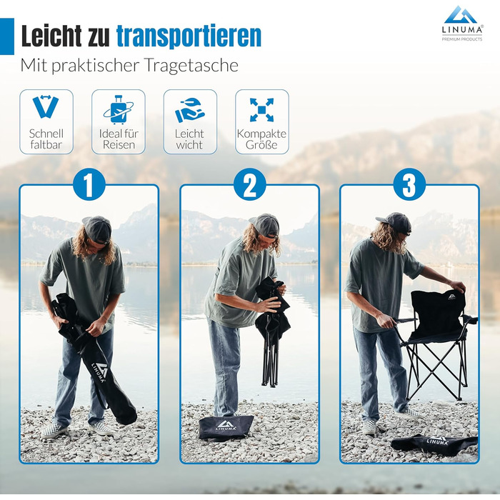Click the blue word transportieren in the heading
click(x=189, y=36)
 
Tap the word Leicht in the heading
click(x=51, y=36)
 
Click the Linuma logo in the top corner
click(x=462, y=24)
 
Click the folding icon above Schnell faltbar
click(x=46, y=106)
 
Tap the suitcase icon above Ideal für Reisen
click(x=119, y=109)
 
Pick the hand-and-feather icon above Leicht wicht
click(x=190, y=110)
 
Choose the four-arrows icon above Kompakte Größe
click(x=262, y=110)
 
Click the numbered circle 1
click(x=89, y=184)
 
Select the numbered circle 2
click(x=250, y=184)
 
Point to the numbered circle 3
click(x=409, y=184)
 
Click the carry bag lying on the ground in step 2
click(x=226, y=427)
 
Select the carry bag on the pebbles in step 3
click(x=434, y=444)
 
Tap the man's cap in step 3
click(x=395, y=222)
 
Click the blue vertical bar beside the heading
click(x=7, y=36)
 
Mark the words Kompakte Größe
click(x=261, y=139)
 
